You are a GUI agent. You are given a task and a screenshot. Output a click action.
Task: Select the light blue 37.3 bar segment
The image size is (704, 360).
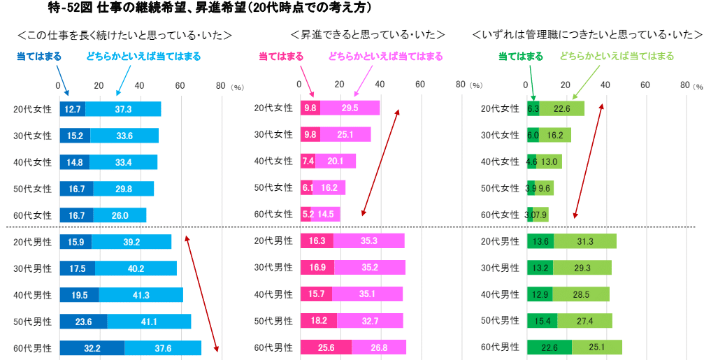(x=123, y=109)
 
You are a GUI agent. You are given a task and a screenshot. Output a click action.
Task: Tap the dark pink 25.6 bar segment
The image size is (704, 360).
(x=326, y=347)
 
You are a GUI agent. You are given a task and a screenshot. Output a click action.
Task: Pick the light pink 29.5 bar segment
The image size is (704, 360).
(x=350, y=108)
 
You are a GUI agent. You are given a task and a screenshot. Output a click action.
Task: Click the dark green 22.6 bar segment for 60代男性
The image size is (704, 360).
(x=549, y=347)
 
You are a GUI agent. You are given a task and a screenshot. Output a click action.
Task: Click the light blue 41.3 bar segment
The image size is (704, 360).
(x=141, y=295)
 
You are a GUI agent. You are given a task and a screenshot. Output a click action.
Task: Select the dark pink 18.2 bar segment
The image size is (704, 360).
(x=318, y=321)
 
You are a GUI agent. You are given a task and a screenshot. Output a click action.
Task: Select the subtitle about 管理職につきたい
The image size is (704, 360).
(x=587, y=34)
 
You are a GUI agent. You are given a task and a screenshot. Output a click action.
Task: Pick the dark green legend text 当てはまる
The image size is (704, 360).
(x=520, y=56)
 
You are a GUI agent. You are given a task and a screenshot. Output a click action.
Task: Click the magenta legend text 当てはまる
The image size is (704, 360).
(x=281, y=56)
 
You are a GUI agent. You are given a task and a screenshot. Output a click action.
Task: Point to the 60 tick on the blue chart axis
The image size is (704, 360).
(x=180, y=85)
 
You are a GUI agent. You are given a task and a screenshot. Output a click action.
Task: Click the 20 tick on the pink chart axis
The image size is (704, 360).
(x=340, y=85)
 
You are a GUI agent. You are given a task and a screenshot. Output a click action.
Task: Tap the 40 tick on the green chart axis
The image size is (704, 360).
(x=605, y=85)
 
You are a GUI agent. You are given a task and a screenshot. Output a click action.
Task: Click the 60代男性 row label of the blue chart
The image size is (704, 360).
(x=32, y=347)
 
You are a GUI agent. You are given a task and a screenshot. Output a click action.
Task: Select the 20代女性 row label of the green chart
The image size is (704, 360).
(x=501, y=108)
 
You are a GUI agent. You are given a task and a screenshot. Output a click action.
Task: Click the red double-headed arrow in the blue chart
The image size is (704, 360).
(x=202, y=294)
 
